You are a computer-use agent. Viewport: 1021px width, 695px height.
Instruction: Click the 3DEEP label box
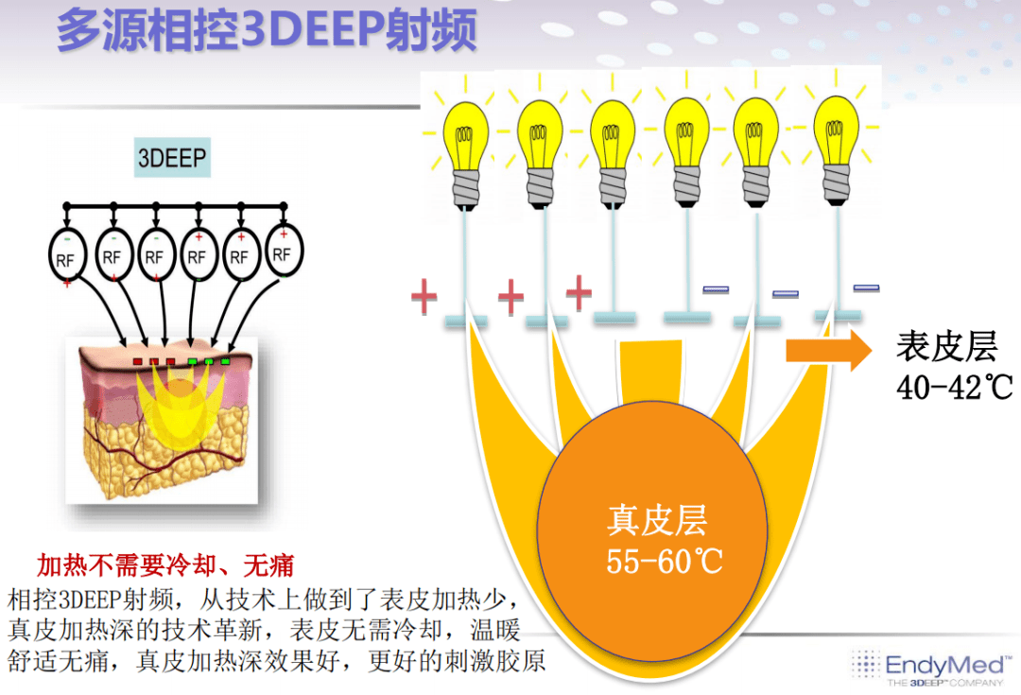pos(173,157)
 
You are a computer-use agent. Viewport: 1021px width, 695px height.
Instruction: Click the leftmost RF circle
pos(67,256)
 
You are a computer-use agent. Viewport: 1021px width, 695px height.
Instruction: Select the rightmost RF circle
pos(284,251)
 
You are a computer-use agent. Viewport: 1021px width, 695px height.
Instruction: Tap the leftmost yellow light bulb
pos(465,155)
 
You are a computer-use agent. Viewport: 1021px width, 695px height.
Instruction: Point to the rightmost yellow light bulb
pos(836,151)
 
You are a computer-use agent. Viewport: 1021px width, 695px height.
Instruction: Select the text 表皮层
pos(946,346)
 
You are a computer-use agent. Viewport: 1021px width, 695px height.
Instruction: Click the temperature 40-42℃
pos(955,388)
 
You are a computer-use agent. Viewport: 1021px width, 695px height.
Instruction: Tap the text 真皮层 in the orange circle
pos(657,520)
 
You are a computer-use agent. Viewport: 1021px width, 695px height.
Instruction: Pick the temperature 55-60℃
pos(665,561)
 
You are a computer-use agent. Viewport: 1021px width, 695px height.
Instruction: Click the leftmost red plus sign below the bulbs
pos(424,296)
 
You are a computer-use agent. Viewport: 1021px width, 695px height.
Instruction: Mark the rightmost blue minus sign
pos(866,287)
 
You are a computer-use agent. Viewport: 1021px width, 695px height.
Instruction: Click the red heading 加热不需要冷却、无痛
pos(165,565)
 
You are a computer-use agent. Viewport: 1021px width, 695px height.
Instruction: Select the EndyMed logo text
pos(944,665)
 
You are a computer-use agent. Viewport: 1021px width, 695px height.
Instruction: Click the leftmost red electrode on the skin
pos(137,361)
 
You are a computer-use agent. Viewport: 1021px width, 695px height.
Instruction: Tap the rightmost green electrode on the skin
pos(225,361)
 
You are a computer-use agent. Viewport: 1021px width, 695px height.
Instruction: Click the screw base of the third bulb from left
pos(613,187)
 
